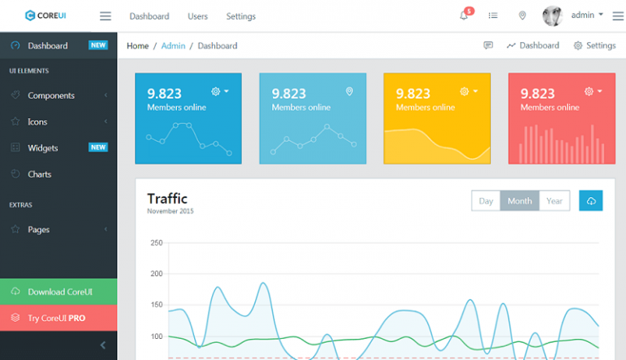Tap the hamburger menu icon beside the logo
pyautogui.click(x=105, y=15)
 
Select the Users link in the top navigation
pyautogui.click(x=197, y=16)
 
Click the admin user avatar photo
pyautogui.click(x=553, y=15)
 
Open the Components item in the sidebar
pyautogui.click(x=51, y=95)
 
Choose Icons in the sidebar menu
pyautogui.click(x=37, y=121)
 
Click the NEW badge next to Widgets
pyautogui.click(x=98, y=147)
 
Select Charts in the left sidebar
pyautogui.click(x=39, y=173)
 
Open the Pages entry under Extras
pyautogui.click(x=38, y=229)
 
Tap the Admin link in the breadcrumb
pyautogui.click(x=174, y=46)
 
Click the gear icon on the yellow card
pyautogui.click(x=465, y=91)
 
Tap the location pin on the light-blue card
pyautogui.click(x=350, y=91)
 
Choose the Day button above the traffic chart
pyautogui.click(x=486, y=201)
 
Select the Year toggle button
pyautogui.click(x=554, y=201)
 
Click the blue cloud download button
pyautogui.click(x=591, y=201)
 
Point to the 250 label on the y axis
pyautogui.click(x=156, y=243)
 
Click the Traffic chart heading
pyautogui.click(x=167, y=198)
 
